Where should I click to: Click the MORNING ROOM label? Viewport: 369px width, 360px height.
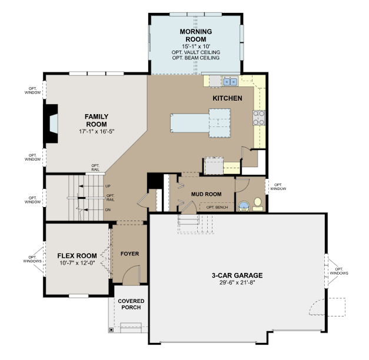click(x=197, y=35)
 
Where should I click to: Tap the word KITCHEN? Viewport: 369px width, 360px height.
click(x=227, y=98)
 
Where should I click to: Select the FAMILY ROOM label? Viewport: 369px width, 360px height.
click(x=96, y=120)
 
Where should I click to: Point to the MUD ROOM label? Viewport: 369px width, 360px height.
click(x=206, y=194)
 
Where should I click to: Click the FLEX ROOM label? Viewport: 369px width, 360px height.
click(x=77, y=256)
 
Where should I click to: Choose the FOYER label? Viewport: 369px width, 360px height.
click(x=129, y=254)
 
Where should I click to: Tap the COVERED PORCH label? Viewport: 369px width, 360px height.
click(x=131, y=305)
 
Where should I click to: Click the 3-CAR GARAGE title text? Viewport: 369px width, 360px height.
click(x=237, y=275)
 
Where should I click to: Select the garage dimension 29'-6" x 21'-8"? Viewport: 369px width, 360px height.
click(x=237, y=282)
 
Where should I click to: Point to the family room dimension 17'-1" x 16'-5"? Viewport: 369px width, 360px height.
click(x=96, y=131)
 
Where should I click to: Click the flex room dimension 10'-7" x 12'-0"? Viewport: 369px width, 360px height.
click(x=77, y=263)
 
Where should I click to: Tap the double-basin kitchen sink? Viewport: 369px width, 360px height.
click(x=230, y=81)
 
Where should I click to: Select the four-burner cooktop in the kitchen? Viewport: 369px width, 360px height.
click(x=260, y=118)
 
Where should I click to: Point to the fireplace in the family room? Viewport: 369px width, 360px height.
click(x=52, y=124)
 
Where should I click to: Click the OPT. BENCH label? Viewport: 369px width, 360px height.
click(x=217, y=207)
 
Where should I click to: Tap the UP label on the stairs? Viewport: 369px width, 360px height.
click(x=108, y=186)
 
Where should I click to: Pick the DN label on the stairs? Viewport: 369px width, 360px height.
click(x=108, y=209)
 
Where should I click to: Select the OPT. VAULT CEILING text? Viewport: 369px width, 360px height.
click(x=197, y=52)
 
